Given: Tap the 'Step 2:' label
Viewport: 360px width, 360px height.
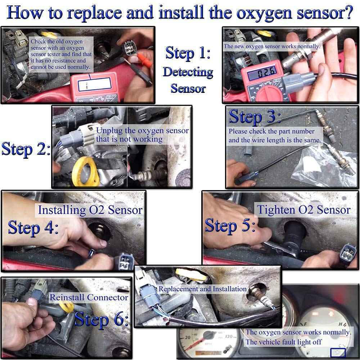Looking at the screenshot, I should tap(26, 149).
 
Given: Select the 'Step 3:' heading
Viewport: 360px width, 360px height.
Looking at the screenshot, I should tap(255, 117).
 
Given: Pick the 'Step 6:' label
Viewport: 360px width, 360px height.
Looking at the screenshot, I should tap(102, 319).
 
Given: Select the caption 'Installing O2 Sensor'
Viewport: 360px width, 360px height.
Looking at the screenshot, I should tap(90, 210).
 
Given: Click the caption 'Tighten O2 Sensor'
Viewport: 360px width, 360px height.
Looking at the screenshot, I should tap(303, 210).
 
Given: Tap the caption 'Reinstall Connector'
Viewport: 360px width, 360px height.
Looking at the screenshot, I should tap(89, 297).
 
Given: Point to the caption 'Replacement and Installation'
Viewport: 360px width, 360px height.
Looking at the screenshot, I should tap(203, 289).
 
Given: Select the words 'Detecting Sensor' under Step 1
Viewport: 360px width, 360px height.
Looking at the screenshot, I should tap(188, 80).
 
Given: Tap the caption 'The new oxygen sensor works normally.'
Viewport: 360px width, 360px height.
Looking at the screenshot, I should tap(272, 46).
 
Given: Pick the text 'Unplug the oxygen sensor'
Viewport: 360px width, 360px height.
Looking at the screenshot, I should tap(142, 130).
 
